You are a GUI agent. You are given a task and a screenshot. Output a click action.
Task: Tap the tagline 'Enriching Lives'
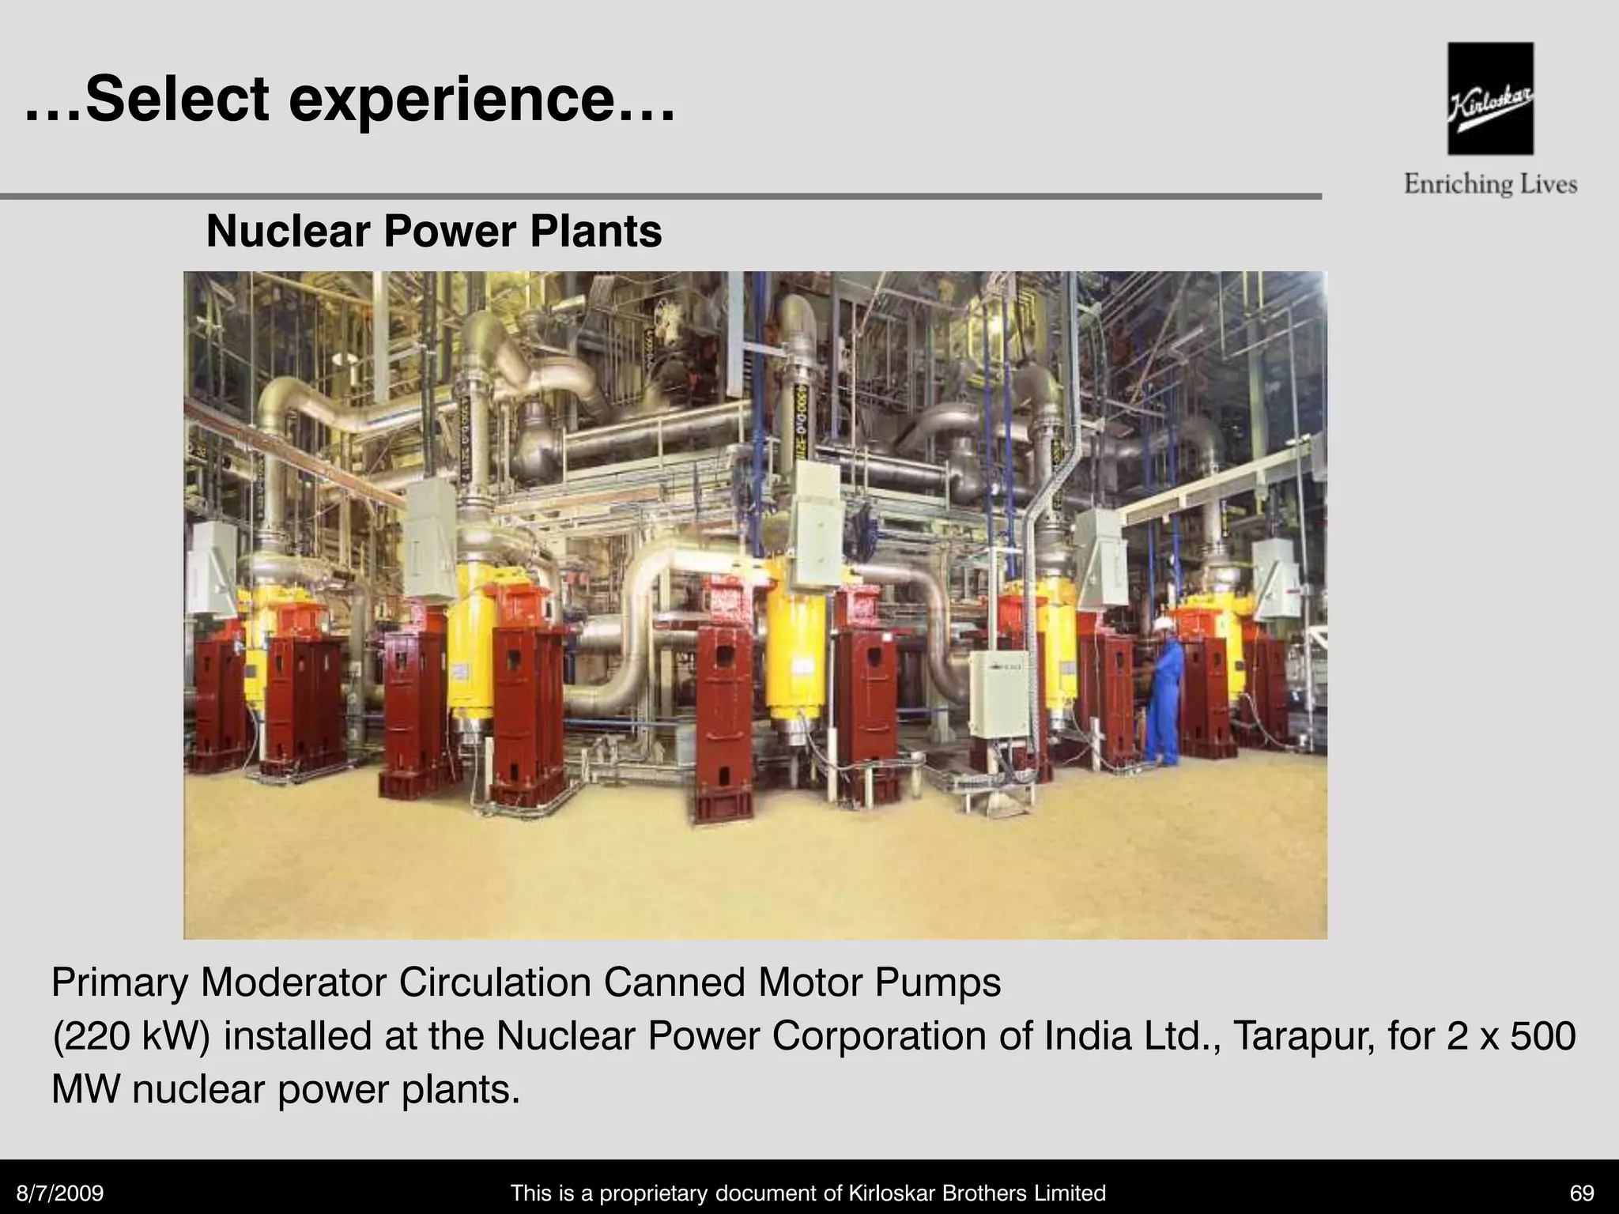pos(1490,185)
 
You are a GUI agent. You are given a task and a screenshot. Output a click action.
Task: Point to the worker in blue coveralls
pos(1162,696)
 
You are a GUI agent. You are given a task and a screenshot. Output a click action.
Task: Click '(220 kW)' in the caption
pos(131,1036)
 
